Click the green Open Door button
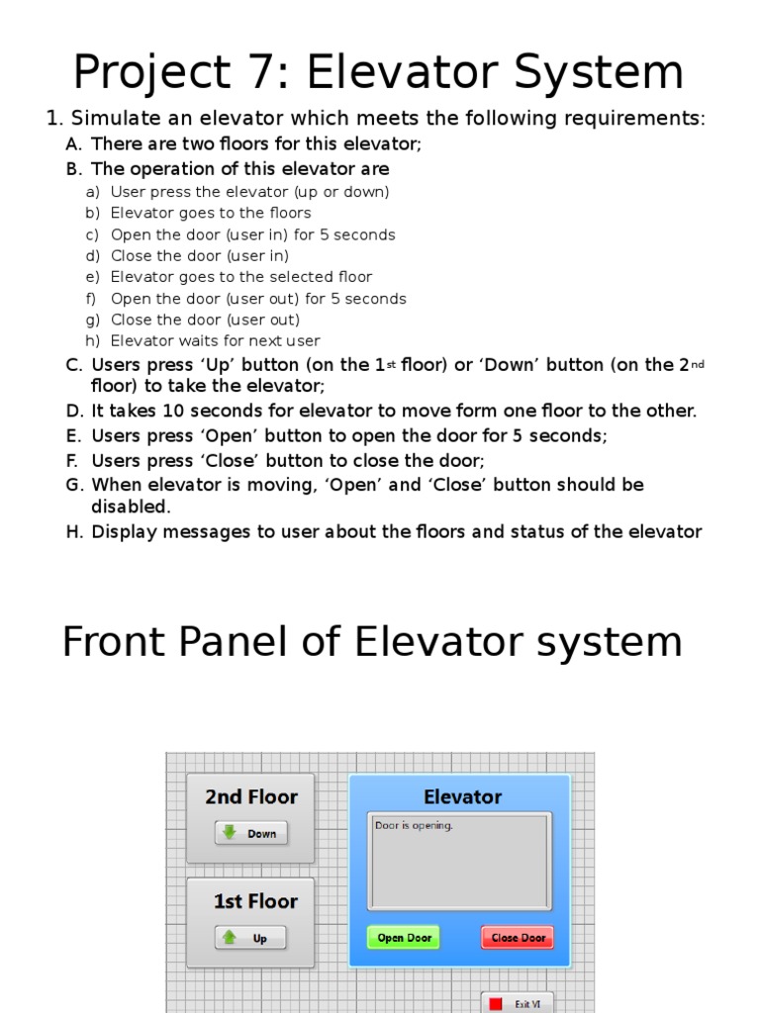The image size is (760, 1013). click(404, 938)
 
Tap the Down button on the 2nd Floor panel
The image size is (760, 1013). click(251, 833)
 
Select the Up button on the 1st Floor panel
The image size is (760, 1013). click(250, 938)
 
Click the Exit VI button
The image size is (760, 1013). click(518, 1003)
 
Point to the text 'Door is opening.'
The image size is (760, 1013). click(414, 825)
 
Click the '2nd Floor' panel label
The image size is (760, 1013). click(251, 797)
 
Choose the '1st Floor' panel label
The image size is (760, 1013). click(255, 901)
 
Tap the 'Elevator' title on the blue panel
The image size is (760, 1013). click(462, 797)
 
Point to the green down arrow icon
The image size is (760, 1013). click(230, 833)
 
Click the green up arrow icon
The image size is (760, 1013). click(230, 937)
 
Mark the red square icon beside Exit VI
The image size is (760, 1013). click(497, 1003)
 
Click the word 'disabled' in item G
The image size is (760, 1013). click(130, 506)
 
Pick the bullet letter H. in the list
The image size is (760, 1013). click(75, 532)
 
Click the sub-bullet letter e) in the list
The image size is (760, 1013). click(93, 277)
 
